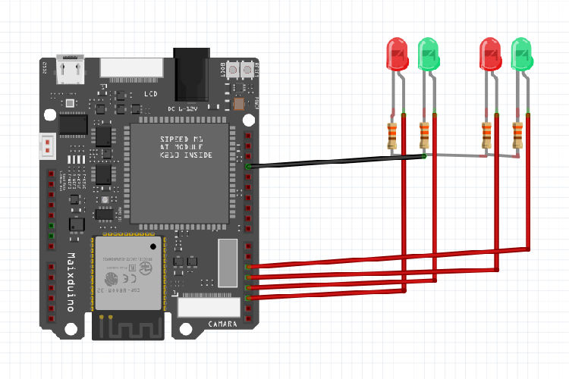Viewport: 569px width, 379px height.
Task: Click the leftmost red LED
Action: [x=397, y=54]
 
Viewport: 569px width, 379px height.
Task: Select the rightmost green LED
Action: [x=522, y=54]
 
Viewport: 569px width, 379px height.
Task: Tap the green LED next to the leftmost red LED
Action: [x=429, y=54]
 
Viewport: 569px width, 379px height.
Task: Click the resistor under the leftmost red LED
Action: [x=392, y=135]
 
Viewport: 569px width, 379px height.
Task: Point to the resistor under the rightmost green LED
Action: [x=518, y=135]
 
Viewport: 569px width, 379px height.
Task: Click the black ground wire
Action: [x=334, y=161]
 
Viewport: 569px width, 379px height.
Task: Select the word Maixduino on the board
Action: [x=71, y=280]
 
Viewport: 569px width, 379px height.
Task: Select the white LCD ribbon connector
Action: [x=131, y=67]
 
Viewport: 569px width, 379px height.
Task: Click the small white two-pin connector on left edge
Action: [x=48, y=146]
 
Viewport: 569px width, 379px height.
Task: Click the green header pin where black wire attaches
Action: [x=249, y=165]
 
